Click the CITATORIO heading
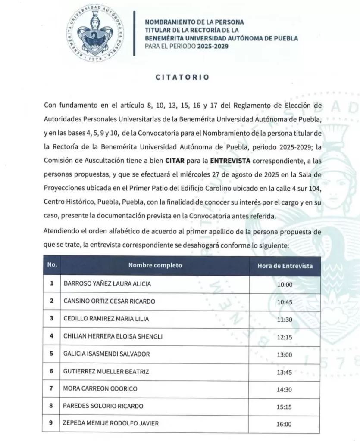click(x=182, y=78)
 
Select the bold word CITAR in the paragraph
click(x=174, y=160)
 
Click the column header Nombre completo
click(x=155, y=265)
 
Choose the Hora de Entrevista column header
click(x=285, y=266)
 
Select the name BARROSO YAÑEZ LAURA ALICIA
click(x=107, y=284)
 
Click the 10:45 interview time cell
click(x=285, y=302)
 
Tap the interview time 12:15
click(x=285, y=337)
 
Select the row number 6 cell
click(x=51, y=371)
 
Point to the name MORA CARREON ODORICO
click(x=100, y=388)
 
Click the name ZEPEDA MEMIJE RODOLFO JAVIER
click(x=111, y=423)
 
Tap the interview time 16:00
click(x=285, y=424)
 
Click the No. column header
click(x=52, y=265)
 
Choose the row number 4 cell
click(x=51, y=336)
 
